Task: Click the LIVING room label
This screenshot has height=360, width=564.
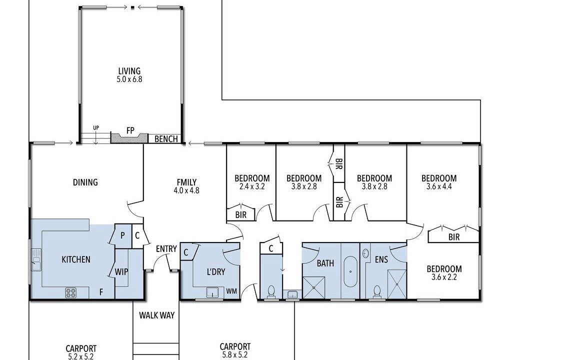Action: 129,71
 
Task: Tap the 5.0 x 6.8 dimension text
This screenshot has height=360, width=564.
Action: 129,79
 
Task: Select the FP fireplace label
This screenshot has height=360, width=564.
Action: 130,130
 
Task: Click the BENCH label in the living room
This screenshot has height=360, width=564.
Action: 166,139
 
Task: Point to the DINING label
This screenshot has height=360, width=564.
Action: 85,182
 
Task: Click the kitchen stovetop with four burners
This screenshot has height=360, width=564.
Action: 71,292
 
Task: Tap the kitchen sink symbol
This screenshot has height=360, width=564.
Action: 36,259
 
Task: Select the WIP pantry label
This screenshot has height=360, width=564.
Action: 121,272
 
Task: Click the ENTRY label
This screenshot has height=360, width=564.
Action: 166,249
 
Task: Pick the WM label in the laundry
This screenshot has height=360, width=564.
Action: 232,291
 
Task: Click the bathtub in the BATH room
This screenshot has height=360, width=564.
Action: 350,271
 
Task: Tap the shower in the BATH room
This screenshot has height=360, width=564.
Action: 313,287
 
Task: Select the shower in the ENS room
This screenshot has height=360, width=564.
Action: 396,284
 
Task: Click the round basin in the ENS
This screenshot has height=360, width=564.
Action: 366,253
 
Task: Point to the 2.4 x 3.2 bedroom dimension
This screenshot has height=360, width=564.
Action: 252,186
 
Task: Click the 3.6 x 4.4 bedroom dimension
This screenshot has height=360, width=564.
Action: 439,186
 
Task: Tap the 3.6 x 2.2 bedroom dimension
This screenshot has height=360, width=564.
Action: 444,277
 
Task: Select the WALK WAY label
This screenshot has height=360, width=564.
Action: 157,315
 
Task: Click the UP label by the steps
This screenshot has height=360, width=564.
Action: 96,127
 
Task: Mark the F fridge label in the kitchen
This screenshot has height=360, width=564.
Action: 101,292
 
